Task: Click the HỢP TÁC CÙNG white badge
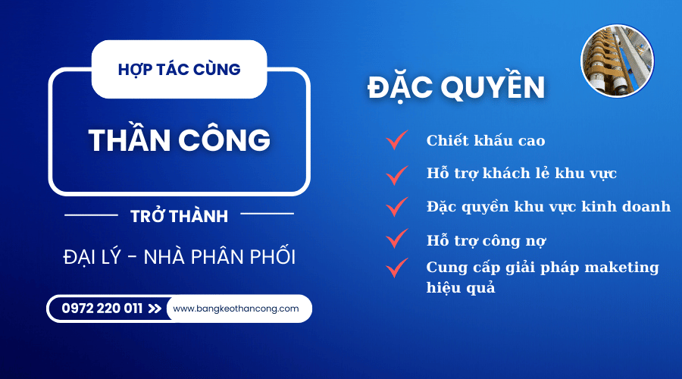click(x=179, y=69)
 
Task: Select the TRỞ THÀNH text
click(x=179, y=216)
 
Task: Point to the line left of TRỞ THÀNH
click(x=92, y=215)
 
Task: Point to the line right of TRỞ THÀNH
click(x=267, y=214)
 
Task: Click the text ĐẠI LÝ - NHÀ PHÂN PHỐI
click(x=179, y=256)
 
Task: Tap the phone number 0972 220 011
click(x=102, y=309)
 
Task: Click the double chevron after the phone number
click(x=155, y=309)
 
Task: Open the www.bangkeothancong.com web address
click(x=236, y=309)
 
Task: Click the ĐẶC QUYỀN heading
click(x=456, y=86)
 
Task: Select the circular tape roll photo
click(x=617, y=61)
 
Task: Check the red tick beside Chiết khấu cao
click(x=396, y=139)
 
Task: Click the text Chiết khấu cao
click(x=486, y=140)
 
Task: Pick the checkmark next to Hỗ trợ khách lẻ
click(x=396, y=175)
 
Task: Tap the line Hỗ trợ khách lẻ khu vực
click(x=521, y=173)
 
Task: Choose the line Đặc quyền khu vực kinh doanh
click(x=549, y=206)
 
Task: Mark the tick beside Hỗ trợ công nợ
click(x=396, y=238)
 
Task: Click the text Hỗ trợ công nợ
click(x=486, y=240)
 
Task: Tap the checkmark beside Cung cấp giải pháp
click(x=396, y=268)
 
